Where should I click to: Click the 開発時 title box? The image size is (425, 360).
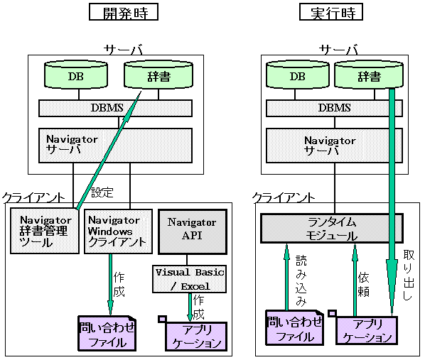[x=124, y=12]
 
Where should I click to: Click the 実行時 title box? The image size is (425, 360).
[x=331, y=12]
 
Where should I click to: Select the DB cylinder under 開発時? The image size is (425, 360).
[x=76, y=75]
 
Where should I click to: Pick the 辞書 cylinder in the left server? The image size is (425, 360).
[x=158, y=75]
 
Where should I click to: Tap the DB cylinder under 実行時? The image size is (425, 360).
[x=298, y=75]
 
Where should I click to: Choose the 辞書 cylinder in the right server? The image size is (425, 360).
[x=369, y=75]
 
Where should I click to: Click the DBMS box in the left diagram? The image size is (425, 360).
[x=115, y=109]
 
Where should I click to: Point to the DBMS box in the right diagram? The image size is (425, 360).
[x=334, y=109]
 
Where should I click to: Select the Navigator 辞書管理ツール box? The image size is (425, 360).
[x=45, y=231]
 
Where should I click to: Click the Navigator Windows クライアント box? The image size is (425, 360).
[x=118, y=231]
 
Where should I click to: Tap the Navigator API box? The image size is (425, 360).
[x=193, y=231]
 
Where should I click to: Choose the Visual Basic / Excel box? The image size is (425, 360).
[x=190, y=279]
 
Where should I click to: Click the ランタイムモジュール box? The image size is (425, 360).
[x=332, y=228]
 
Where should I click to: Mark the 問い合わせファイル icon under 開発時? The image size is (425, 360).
[x=107, y=333]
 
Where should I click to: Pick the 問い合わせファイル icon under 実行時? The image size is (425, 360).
[x=295, y=327]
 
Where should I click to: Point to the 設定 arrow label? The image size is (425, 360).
[x=102, y=192]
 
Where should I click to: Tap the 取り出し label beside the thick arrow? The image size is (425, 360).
[x=409, y=275]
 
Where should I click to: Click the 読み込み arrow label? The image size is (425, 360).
[x=301, y=280]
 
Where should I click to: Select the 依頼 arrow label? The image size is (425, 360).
[x=363, y=285]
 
